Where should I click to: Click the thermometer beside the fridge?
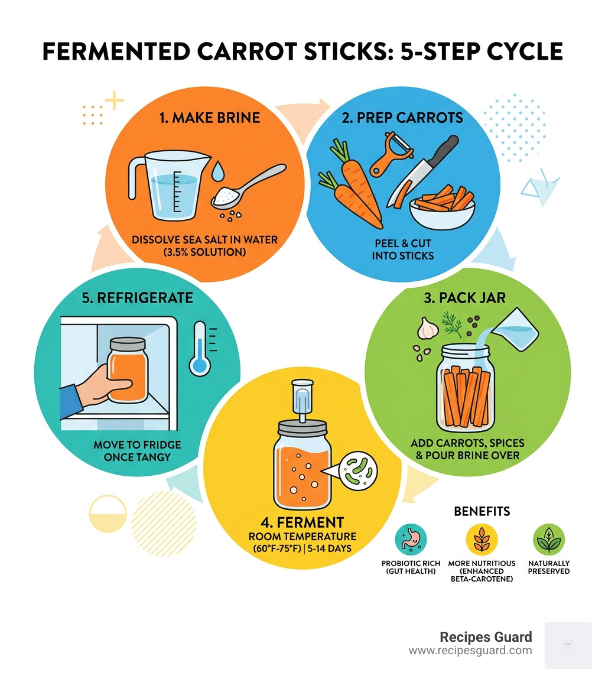point(201,349)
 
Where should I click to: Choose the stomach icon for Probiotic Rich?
point(411,539)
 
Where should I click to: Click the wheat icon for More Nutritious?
point(482,539)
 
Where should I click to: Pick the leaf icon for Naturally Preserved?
point(549,539)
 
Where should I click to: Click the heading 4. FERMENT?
point(302,522)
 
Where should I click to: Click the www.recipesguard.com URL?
point(470,651)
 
